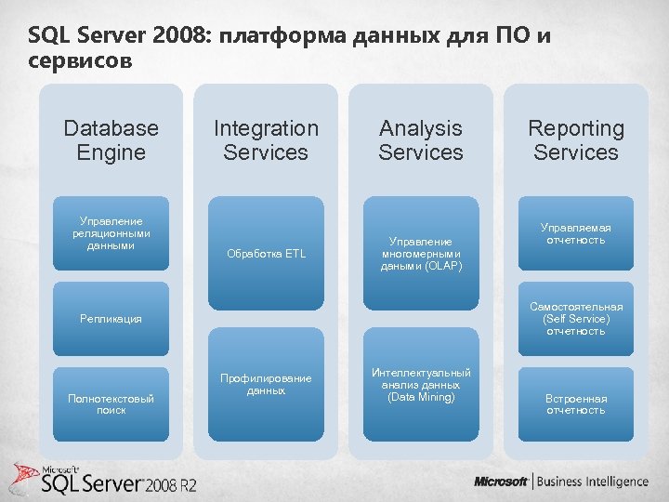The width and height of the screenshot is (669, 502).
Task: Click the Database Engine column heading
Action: (111, 140)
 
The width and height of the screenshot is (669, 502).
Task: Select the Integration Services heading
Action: (266, 140)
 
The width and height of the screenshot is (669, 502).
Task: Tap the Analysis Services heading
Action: (421, 140)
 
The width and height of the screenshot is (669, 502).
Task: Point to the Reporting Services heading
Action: (576, 140)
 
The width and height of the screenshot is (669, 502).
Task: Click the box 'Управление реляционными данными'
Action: (111, 234)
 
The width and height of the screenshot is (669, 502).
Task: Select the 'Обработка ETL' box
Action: (266, 254)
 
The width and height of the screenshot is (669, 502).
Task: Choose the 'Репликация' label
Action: (111, 319)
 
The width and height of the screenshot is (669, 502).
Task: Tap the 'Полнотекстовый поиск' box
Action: (111, 403)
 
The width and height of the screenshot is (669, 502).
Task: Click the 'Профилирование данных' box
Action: (266, 384)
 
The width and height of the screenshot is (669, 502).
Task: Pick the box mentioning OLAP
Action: (421, 254)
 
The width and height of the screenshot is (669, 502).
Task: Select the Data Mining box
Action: (421, 384)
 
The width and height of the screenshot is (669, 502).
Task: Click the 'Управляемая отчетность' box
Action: (576, 233)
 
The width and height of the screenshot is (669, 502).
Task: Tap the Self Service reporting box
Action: (576, 319)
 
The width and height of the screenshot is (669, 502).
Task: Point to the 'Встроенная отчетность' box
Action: (576, 403)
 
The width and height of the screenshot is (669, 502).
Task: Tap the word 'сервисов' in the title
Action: (81, 61)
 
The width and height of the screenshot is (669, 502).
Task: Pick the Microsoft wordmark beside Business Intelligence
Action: (501, 482)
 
